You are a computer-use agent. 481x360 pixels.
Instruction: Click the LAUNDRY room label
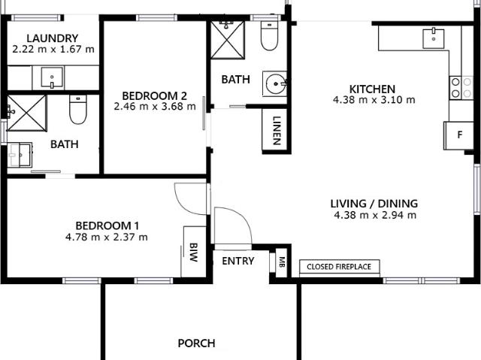tap(52, 38)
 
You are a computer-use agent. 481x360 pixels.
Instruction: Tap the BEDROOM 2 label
tap(154, 96)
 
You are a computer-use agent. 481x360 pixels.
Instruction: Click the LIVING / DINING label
tap(374, 203)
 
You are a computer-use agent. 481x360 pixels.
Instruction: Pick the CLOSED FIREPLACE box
tap(340, 266)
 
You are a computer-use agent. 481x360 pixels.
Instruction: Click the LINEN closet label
tap(277, 131)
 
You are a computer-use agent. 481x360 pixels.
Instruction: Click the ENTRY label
tap(238, 262)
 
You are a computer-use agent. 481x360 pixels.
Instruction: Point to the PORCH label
tap(196, 343)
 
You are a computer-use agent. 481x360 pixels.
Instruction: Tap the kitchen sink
tap(434, 36)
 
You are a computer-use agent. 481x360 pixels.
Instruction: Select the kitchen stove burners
tap(455, 87)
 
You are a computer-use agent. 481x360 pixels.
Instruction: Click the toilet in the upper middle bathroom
tap(269, 35)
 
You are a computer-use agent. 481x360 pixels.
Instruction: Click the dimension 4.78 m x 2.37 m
tap(107, 237)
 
